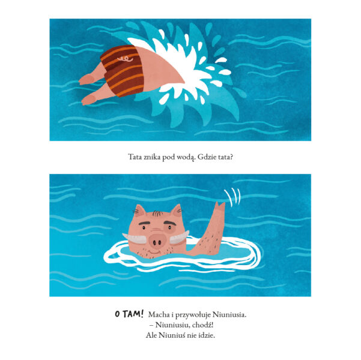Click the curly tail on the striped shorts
(x=126, y=59)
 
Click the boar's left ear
(x=139, y=211)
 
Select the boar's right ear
(x=177, y=211)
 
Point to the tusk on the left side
(x=134, y=239)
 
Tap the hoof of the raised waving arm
(x=220, y=206)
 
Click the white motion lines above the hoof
(x=232, y=197)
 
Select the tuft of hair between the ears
(x=157, y=214)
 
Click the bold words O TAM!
(x=129, y=314)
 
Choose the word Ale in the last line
(x=151, y=335)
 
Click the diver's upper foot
(x=86, y=79)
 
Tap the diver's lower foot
(x=89, y=100)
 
